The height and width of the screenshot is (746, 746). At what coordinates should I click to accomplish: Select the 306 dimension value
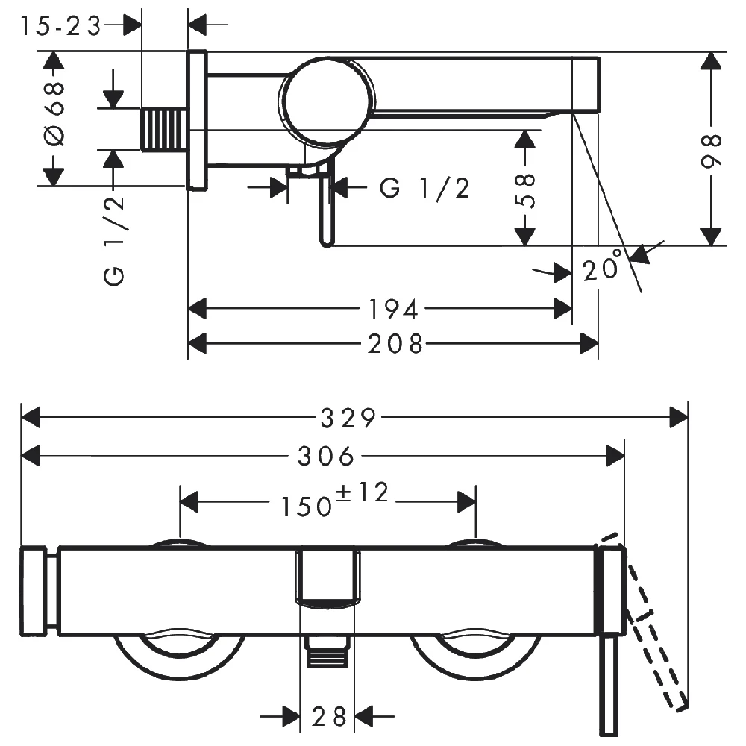(x=325, y=455)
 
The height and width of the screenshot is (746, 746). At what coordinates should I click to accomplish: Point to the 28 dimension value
(x=330, y=718)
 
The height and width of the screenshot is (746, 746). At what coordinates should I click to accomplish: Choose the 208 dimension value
(x=395, y=344)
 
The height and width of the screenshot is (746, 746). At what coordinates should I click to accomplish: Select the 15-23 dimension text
(x=60, y=26)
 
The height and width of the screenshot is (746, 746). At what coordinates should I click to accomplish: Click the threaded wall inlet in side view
(x=163, y=129)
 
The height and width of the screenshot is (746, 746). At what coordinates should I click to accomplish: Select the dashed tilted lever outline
(x=648, y=619)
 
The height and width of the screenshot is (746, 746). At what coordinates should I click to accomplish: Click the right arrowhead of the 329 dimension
(x=680, y=418)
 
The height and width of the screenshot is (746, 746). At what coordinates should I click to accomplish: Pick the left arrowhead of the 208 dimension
(x=196, y=344)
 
